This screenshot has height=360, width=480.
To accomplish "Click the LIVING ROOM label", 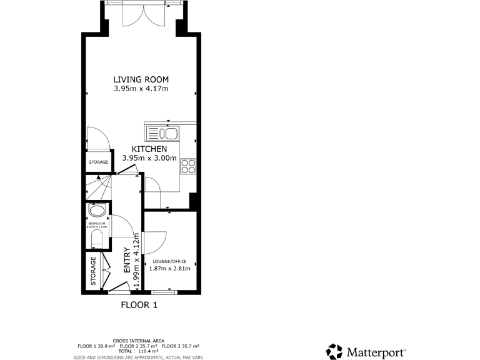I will (x=141, y=79).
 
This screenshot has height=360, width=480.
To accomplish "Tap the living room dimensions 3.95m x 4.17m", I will (x=141, y=89).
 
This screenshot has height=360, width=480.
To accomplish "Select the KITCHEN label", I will (x=149, y=149).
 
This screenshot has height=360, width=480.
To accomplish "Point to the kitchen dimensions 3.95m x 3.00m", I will (x=149, y=158).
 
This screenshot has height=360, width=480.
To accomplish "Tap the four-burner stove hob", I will (x=188, y=166).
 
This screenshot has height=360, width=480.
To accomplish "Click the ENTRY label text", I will (x=127, y=261).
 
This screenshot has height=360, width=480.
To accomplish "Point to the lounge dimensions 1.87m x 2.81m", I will (x=170, y=269).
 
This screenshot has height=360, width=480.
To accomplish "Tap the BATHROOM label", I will (x=97, y=223).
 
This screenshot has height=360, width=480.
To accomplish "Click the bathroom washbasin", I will (x=97, y=211).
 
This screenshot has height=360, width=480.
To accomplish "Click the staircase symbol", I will (x=97, y=187).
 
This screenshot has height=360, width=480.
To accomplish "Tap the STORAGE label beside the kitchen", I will (x=97, y=162).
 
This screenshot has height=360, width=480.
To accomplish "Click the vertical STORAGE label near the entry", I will (x=94, y=271).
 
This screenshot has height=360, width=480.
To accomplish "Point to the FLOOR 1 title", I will (x=139, y=305).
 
